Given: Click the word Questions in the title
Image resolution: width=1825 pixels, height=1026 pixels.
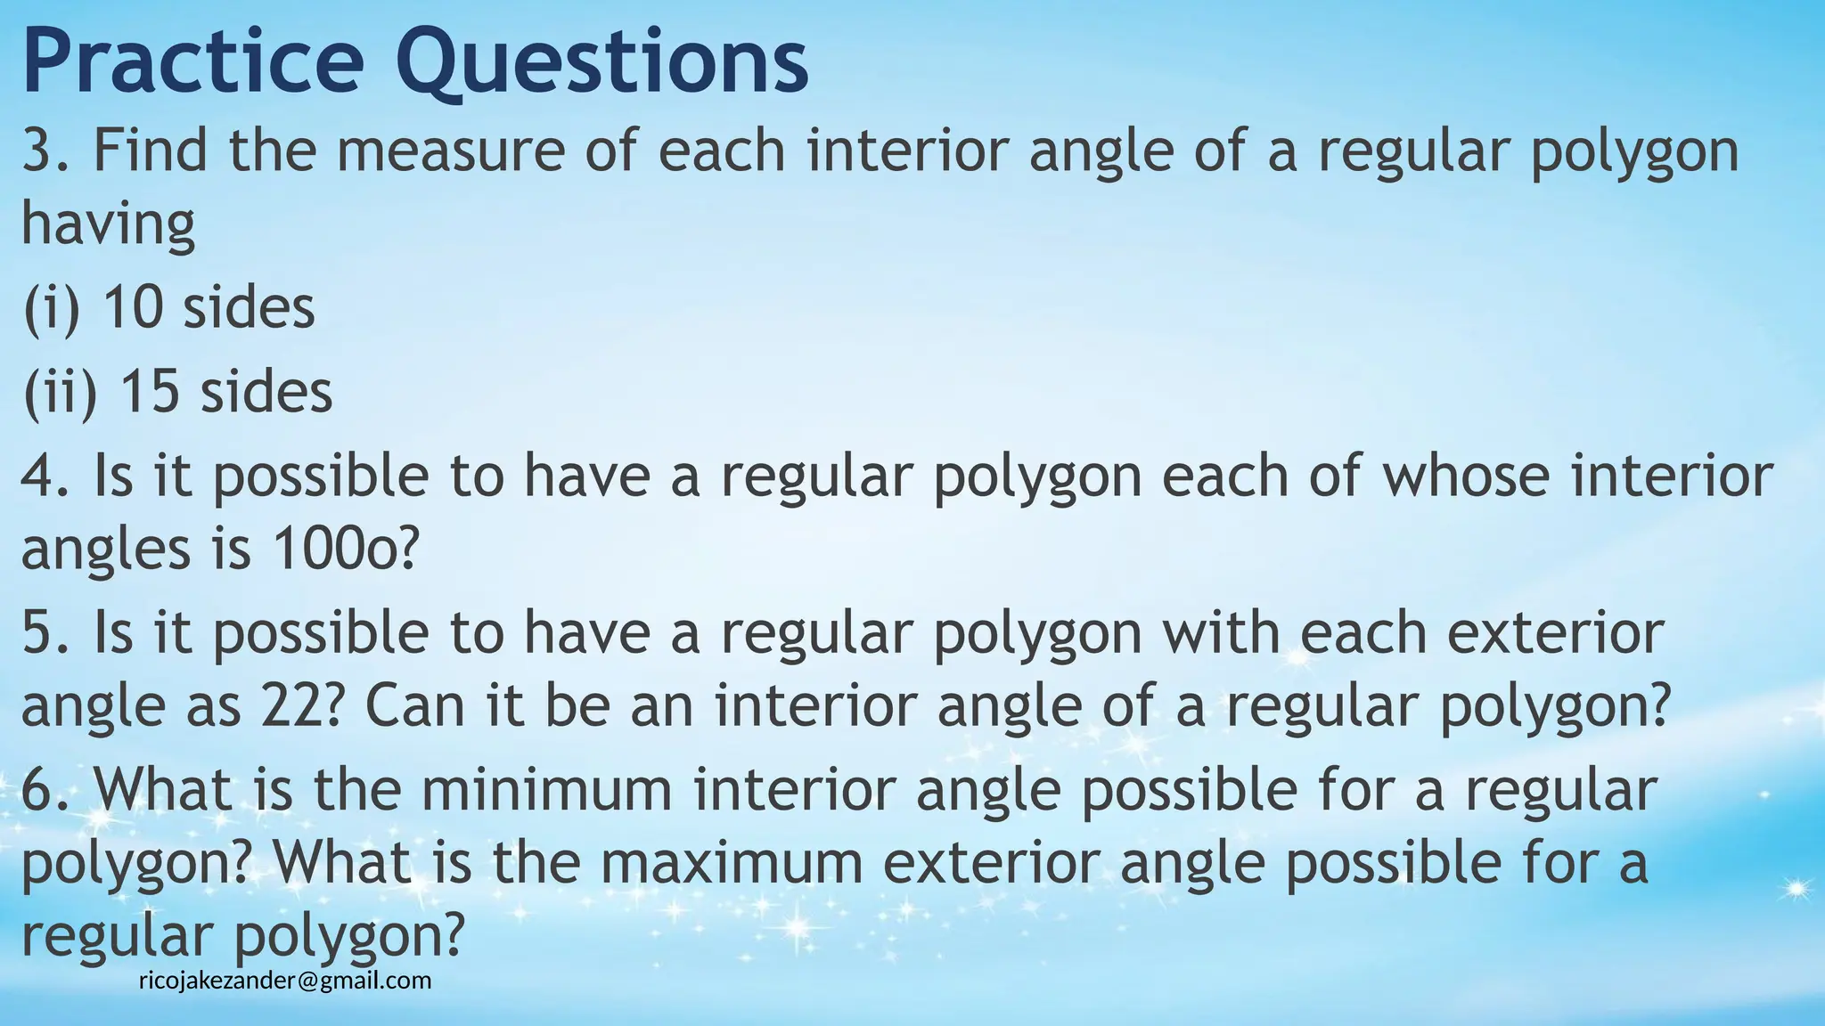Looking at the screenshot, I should (x=602, y=62).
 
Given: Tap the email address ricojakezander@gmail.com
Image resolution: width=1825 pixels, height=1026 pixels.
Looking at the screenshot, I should (x=285, y=981).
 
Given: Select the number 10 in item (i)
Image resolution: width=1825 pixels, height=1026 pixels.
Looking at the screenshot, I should (x=134, y=308).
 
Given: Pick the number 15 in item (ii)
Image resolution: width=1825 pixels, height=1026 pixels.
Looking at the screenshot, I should (x=151, y=392).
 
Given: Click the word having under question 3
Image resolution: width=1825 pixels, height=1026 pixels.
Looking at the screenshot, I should (x=108, y=224).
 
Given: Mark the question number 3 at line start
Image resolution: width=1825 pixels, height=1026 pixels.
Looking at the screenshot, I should (x=40, y=151).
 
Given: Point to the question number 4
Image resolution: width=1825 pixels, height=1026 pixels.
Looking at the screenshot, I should (x=40, y=476).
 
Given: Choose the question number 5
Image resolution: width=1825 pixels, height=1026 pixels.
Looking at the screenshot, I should (x=40, y=632).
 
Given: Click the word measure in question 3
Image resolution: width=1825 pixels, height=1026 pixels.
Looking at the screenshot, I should (x=450, y=151).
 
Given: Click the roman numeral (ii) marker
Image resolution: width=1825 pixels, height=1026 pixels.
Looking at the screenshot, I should (x=60, y=392).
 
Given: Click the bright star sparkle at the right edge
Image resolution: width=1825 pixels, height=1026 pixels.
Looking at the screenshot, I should (x=1796, y=888).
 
